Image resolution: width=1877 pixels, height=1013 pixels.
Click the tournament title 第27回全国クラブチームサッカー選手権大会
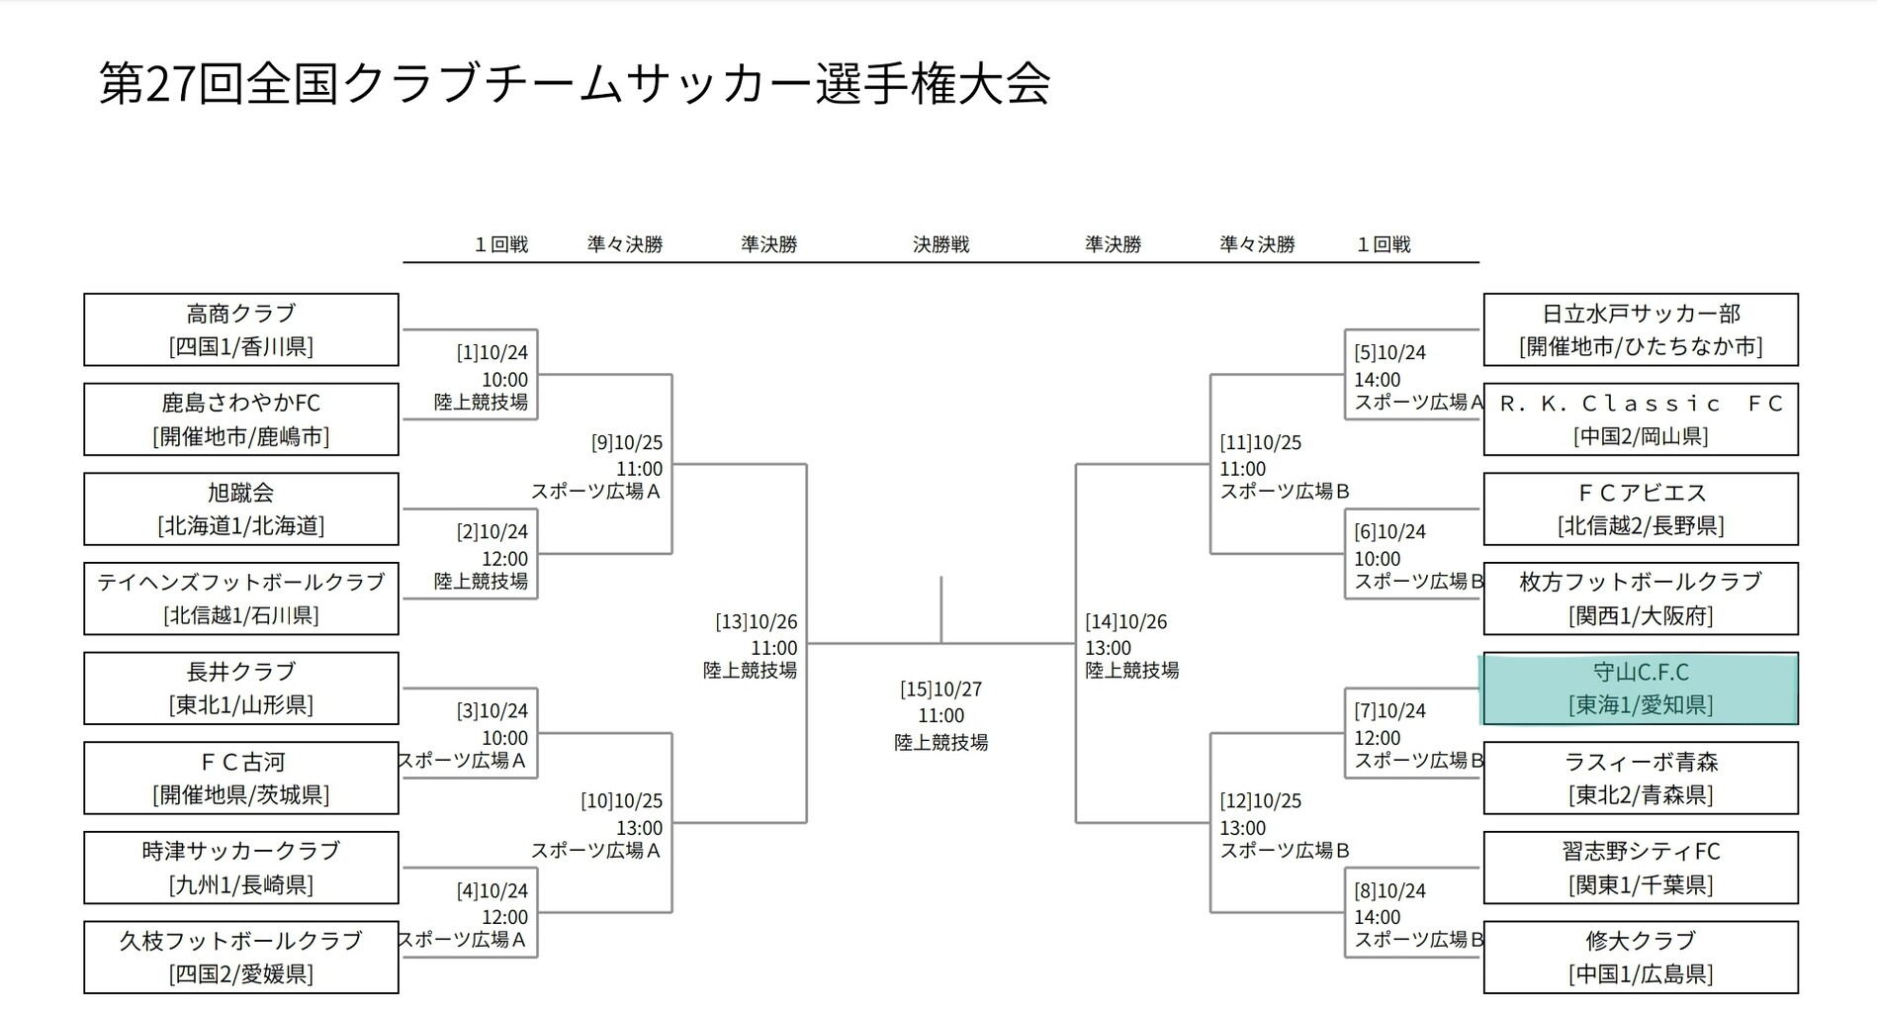(574, 84)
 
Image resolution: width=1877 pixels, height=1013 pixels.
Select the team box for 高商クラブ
(241, 329)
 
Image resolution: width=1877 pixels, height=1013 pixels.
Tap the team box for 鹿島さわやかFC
(241, 419)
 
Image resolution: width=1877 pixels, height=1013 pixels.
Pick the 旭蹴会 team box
(241, 508)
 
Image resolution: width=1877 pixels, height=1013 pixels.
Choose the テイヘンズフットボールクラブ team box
(241, 599)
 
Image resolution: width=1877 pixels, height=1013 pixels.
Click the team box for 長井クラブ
(241, 689)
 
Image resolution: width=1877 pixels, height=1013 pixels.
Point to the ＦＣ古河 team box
(241, 778)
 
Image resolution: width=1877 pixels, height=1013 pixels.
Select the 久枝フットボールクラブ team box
(241, 958)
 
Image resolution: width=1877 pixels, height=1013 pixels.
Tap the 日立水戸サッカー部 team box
(1641, 329)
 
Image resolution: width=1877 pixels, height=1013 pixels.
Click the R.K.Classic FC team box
(1641, 419)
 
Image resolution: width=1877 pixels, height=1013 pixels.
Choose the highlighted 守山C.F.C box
(1641, 689)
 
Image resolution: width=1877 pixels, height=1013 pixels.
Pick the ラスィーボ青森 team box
(1641, 778)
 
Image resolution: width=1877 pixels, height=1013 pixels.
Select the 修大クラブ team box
(1641, 958)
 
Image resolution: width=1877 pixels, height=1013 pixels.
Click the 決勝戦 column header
(940, 244)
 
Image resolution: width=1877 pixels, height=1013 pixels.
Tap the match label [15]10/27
(940, 690)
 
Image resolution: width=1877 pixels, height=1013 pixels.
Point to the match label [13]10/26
(757, 622)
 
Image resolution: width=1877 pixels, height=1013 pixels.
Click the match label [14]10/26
(1126, 622)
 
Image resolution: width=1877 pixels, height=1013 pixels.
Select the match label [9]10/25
(627, 443)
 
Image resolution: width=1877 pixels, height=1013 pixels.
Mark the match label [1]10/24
(492, 353)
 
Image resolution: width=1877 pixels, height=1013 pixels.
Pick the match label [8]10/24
(1390, 891)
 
